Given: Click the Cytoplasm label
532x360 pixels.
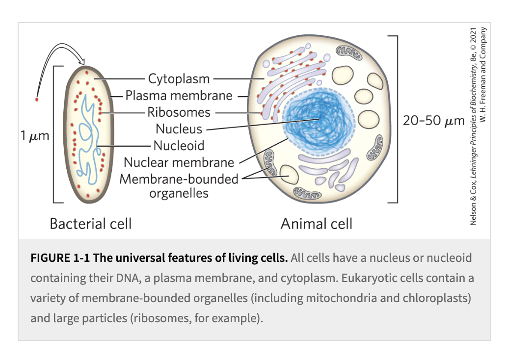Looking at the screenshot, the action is tap(179, 78).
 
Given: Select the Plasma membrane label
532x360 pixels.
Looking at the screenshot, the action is tap(179, 96).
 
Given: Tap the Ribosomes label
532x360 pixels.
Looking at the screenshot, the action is tap(179, 112).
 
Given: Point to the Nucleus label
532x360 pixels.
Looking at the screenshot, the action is tap(179, 129).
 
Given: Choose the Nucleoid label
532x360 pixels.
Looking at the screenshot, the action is tap(179, 146).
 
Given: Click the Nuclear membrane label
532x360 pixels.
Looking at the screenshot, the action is tap(179, 162).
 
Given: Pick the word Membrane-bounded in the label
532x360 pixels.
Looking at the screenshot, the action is tap(179, 179).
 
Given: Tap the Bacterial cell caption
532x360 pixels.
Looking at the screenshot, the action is tap(91, 224).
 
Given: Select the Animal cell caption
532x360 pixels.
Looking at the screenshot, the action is tap(316, 224).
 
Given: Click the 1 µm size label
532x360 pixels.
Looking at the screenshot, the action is tap(35, 135).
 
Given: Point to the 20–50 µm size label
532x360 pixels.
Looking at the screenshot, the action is tap(434, 121).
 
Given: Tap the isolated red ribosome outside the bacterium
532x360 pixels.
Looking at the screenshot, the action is tap(37, 100).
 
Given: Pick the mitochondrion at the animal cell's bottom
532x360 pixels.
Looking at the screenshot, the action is tap(307, 194).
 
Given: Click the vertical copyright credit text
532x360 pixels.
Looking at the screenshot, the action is tap(478, 126).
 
